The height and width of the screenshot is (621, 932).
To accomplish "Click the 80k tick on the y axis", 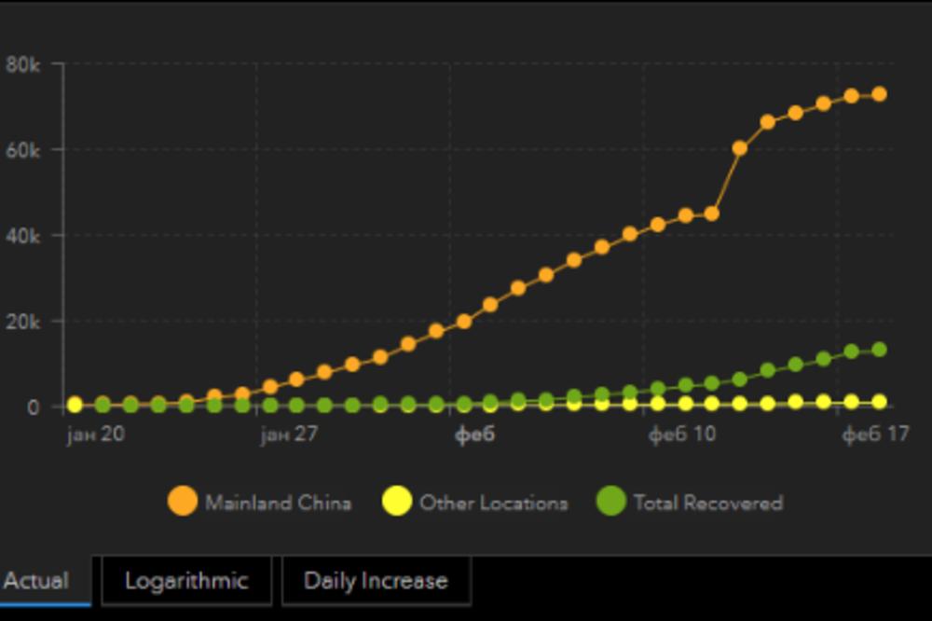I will [x=22, y=64].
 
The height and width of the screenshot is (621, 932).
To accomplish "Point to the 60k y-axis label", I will [x=22, y=149].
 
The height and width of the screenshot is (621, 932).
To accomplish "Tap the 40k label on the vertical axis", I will [x=22, y=236].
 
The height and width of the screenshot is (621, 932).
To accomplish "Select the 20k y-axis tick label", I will [x=22, y=322].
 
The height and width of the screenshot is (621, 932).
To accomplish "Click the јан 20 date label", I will [x=97, y=435].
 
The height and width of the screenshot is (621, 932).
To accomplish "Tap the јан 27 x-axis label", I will [x=289, y=435].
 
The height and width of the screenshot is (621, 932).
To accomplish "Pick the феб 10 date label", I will [x=682, y=435].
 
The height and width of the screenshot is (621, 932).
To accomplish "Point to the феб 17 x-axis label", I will [x=875, y=435].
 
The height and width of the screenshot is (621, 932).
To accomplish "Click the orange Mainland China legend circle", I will [x=183, y=502].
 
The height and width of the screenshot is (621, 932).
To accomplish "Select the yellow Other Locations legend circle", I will [x=397, y=502].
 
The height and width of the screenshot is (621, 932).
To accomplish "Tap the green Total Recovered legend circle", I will [x=611, y=502].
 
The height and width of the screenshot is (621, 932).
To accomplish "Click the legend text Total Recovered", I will [x=708, y=503].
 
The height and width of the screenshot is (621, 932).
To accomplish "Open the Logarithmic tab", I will [x=186, y=581].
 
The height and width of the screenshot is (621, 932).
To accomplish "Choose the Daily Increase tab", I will [x=376, y=581].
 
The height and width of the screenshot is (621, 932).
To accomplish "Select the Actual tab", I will [x=37, y=581].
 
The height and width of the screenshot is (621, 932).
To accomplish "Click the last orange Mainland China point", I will [x=878, y=94].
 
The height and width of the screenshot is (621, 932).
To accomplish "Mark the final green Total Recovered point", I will [x=878, y=350].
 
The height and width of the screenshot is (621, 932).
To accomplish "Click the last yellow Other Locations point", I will [x=878, y=402].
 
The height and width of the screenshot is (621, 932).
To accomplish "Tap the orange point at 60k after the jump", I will [x=740, y=147].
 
